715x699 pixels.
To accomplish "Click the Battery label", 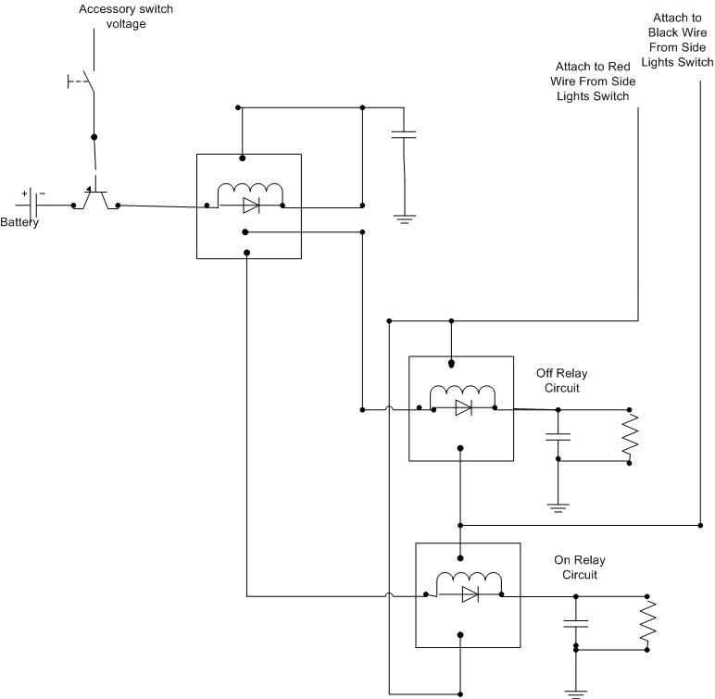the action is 19,222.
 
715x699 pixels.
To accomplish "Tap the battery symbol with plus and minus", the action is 32,204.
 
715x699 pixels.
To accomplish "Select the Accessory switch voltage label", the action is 126,17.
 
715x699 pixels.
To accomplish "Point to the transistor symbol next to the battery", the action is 95,199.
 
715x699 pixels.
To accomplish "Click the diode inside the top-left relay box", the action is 251,206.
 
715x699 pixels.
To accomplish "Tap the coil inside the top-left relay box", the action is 250,191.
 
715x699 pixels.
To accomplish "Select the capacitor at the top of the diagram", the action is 404,134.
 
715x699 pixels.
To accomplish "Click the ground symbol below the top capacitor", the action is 405,219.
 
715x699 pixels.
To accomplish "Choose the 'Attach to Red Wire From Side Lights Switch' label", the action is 593,81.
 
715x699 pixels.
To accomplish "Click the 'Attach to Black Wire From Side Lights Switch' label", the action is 677,40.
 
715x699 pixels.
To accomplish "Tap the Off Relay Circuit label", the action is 562,381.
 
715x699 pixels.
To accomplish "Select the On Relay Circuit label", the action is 580,568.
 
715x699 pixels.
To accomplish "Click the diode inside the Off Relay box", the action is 463,407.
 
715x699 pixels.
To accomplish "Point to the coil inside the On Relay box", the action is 470,580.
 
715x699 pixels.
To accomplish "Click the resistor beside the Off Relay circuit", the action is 630,436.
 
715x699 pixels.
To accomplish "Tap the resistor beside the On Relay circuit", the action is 647,623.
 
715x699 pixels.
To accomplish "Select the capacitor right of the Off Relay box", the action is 558,437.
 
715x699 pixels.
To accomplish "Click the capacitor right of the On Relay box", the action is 576,623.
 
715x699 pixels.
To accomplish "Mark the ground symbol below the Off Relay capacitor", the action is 558,508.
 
